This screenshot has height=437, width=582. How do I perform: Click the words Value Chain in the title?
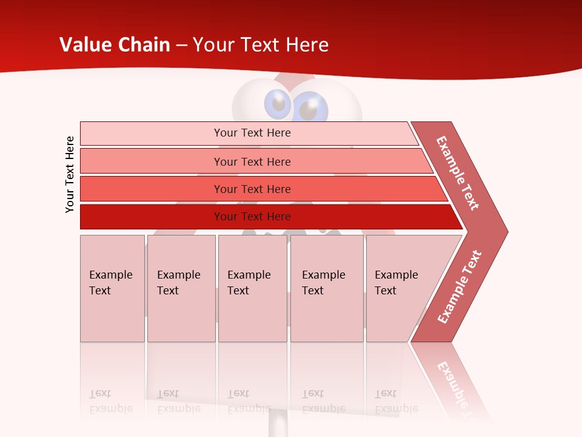click(115, 44)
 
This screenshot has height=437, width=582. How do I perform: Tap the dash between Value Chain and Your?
click(181, 45)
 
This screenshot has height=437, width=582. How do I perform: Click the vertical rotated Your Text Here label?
click(70, 174)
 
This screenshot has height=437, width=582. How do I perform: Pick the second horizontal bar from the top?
click(252, 161)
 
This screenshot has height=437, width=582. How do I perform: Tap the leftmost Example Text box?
click(112, 288)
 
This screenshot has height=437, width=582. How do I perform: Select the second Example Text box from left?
click(181, 288)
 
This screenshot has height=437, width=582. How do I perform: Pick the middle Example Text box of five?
click(252, 288)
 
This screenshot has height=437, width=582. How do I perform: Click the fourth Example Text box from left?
click(327, 288)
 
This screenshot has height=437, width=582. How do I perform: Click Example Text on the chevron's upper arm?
click(458, 172)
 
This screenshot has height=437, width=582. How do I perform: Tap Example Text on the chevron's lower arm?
click(459, 287)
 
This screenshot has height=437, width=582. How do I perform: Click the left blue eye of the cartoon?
click(278, 104)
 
